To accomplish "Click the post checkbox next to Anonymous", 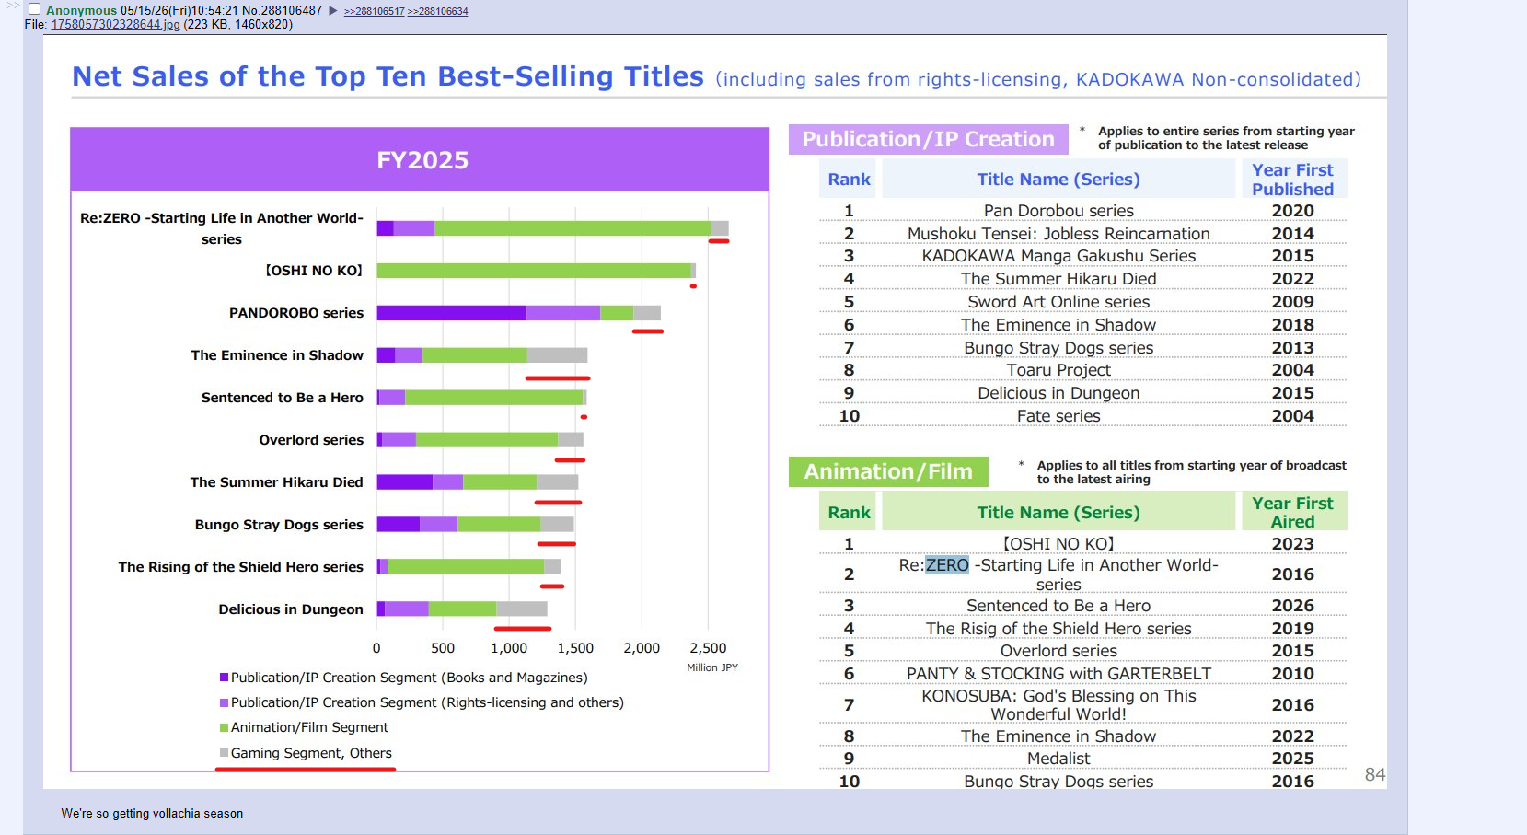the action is coord(34,9).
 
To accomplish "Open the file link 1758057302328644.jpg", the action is coord(115,25).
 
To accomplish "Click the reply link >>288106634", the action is coord(437,12).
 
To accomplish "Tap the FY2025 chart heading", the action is coord(422,160).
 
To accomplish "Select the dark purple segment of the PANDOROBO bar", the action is coord(451,313).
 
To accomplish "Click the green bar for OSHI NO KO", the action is coord(534,271).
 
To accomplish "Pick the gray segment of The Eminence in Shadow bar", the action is coord(557,355).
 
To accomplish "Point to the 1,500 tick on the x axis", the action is coord(574,648).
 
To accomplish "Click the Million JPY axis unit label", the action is coord(712,668).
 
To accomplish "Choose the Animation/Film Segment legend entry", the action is coord(304,727).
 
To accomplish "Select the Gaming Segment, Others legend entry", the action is coord(306,753).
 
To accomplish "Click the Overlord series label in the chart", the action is coord(311,440).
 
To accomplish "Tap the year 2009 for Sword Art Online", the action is coord(1292,302).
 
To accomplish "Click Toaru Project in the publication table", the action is coord(1058,370).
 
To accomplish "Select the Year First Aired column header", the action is coord(1292,513).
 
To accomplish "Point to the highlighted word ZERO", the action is coord(947,565).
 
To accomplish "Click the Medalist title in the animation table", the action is coord(1058,759).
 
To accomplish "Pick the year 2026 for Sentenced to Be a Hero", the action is coord(1292,606).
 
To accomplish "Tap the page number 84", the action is coord(1375,774).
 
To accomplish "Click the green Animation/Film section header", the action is coord(888,471).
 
